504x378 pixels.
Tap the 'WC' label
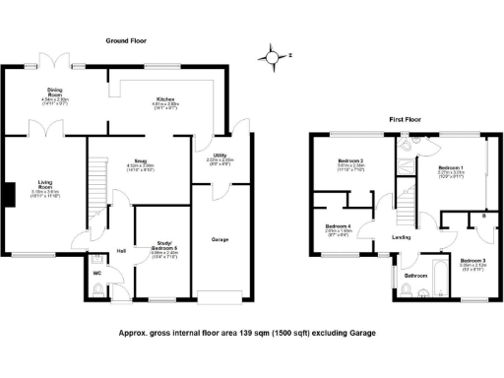tap(97, 273)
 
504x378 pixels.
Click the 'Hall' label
tap(120, 250)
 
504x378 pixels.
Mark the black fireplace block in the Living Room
tap(7, 195)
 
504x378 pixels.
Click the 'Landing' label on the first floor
tap(401, 237)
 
